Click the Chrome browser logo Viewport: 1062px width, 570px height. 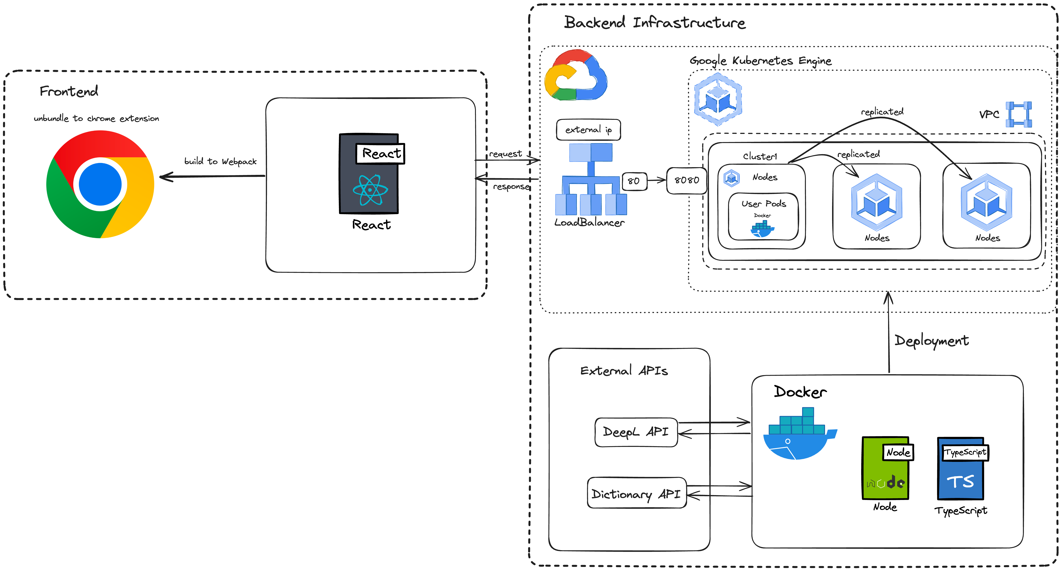point(100,184)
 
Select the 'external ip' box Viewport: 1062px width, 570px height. point(588,130)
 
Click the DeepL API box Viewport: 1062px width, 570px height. point(636,432)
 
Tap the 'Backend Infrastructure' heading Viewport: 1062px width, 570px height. point(655,23)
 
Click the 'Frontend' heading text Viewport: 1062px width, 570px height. point(69,91)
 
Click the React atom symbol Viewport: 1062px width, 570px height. point(370,190)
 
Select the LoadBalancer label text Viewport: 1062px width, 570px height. point(589,223)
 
